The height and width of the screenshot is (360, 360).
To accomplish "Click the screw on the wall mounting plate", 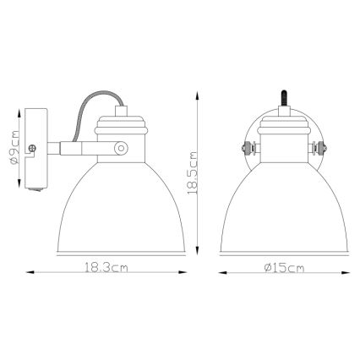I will point(32,149).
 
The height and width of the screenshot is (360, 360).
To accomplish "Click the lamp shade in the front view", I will point(283,203).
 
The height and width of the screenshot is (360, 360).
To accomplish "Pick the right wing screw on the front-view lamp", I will point(319,151).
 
